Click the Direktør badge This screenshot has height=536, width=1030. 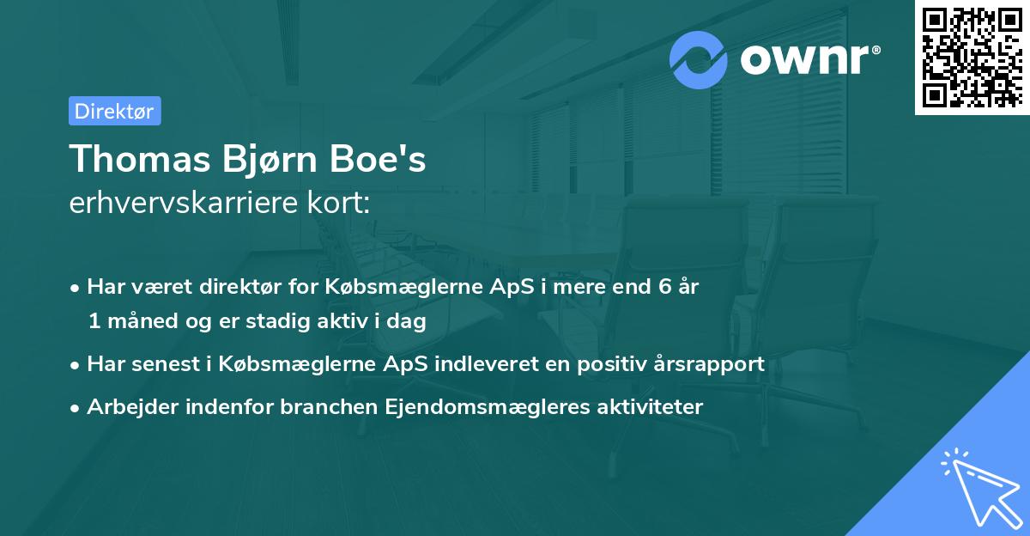(114, 111)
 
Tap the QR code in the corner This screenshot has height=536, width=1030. (971, 57)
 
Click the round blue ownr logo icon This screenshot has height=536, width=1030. (700, 59)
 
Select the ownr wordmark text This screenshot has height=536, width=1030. (807, 60)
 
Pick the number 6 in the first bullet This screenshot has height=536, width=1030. (663, 287)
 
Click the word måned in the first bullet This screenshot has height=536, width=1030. (138, 321)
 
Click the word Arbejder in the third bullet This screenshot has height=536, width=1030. (126, 407)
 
